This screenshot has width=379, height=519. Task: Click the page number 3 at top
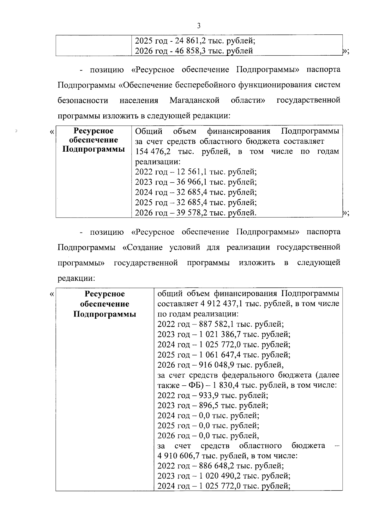pos(199,26)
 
